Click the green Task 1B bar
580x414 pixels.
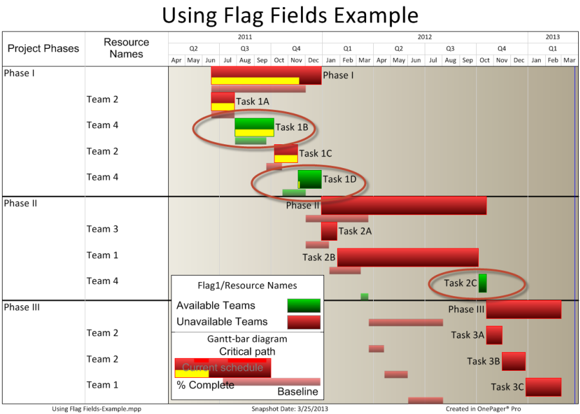pos(255,127)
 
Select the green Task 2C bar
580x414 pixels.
pos(483,283)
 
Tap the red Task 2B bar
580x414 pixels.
pos(408,258)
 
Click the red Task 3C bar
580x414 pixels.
pos(543,387)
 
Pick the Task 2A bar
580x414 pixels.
pos(329,231)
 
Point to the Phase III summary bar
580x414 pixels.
pos(524,310)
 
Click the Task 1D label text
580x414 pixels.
pos(340,179)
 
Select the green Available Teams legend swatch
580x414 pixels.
pos(304,306)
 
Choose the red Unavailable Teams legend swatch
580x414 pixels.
pos(304,322)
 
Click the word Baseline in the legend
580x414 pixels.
pos(298,392)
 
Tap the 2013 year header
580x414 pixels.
pos(553,37)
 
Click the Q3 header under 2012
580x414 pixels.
pos(450,48)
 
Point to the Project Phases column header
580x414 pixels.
pos(43,48)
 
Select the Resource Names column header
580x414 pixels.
pos(126,48)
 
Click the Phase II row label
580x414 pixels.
pos(21,203)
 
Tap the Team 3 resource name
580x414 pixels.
pos(102,229)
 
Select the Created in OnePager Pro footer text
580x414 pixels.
pos(483,409)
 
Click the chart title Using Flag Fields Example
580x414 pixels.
pos(291,15)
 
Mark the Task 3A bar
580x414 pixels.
pos(494,335)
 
